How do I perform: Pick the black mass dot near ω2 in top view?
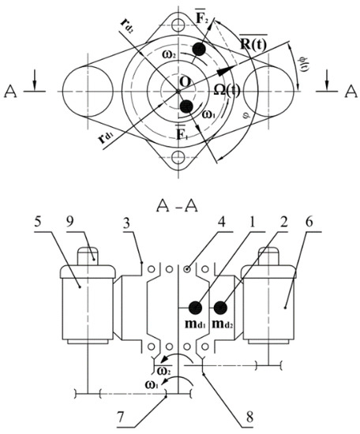pyautogui.click(x=201, y=49)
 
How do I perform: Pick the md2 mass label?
pyautogui.click(x=228, y=325)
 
